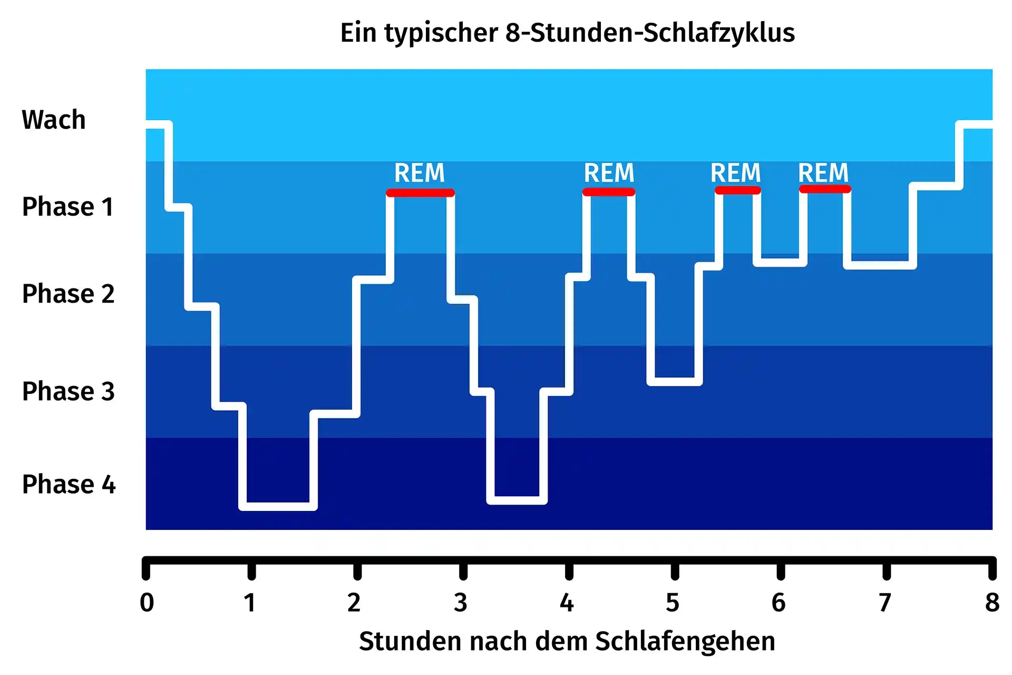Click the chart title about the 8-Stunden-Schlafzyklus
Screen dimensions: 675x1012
[567, 33]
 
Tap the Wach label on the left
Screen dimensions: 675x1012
[54, 120]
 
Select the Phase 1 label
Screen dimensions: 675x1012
[68, 207]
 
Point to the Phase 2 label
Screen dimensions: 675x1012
[68, 294]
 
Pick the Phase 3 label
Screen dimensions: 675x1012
[68, 391]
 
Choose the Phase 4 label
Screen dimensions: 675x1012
[69, 484]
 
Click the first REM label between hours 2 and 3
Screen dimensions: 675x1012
[420, 173]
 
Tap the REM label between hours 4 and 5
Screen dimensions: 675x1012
[609, 173]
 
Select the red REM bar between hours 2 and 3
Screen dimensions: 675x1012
[420, 193]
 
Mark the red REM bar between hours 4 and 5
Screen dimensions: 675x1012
[609, 192]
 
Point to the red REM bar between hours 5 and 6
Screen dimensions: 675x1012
[737, 190]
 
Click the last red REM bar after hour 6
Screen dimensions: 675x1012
[825, 189]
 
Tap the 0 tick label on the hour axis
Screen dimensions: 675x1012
[147, 602]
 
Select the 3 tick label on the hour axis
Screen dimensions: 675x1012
[461, 602]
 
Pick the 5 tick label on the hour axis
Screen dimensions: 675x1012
[673, 602]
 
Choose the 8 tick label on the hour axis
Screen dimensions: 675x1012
[992, 602]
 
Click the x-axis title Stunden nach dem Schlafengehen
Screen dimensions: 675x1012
[567, 641]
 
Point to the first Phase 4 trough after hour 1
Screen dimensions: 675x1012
[278, 506]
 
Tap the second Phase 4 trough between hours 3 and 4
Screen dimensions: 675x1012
[517, 500]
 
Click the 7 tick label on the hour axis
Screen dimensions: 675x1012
[885, 602]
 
